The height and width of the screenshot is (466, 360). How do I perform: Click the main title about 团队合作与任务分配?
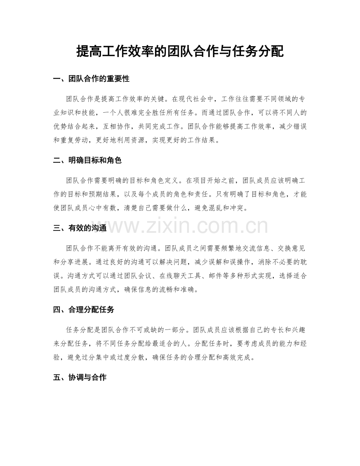coord(180,51)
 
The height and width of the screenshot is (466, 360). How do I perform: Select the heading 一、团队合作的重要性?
coord(91,79)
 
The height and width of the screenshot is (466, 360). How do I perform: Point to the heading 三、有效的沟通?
coord(80,229)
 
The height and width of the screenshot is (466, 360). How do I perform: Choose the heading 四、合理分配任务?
coord(84,310)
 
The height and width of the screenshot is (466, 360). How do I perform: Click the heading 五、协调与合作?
coord(80,378)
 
